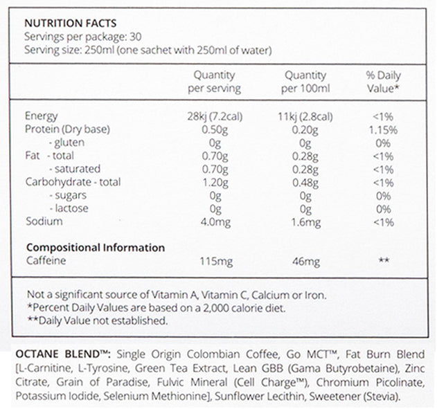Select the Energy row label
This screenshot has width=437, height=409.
(41, 116)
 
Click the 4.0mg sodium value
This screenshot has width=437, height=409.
(226, 221)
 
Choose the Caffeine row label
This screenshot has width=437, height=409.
(46, 260)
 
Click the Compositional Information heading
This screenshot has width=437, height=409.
(95, 247)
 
